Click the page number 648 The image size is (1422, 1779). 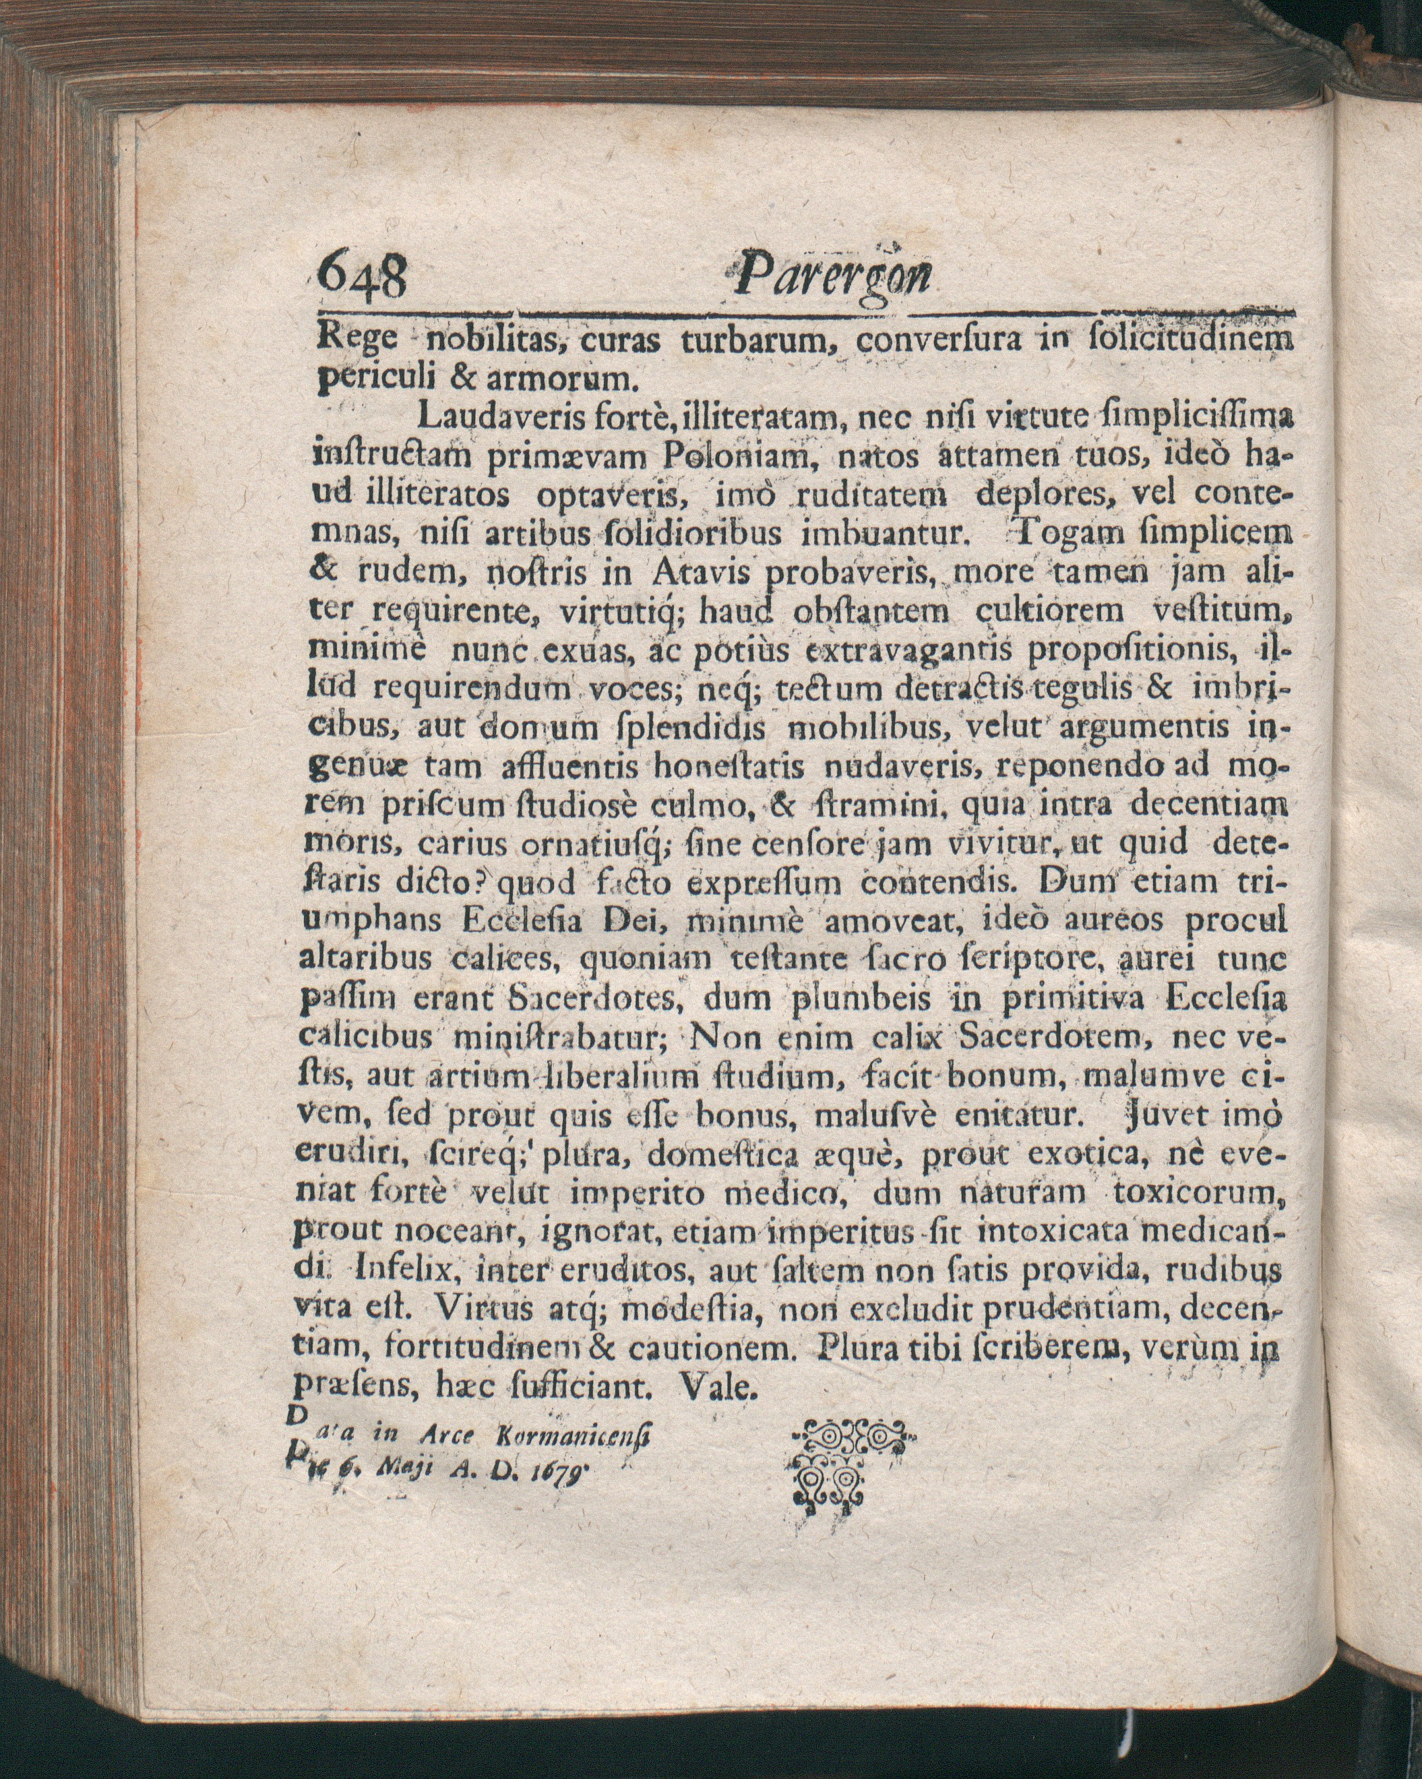pos(363,276)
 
